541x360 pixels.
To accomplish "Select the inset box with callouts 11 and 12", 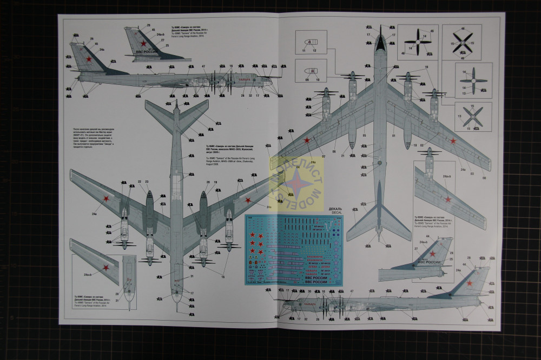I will pyautogui.click(x=308, y=43).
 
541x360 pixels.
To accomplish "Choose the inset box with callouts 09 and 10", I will pyautogui.click(x=308, y=73).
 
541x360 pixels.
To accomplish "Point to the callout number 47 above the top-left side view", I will pyautogui.click(x=203, y=66).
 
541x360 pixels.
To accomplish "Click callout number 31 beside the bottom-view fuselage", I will pyautogui.click(x=192, y=277).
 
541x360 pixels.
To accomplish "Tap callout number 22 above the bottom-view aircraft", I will pyautogui.click(x=140, y=182).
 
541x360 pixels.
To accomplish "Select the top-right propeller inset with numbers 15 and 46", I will pyautogui.click(x=463, y=40).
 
